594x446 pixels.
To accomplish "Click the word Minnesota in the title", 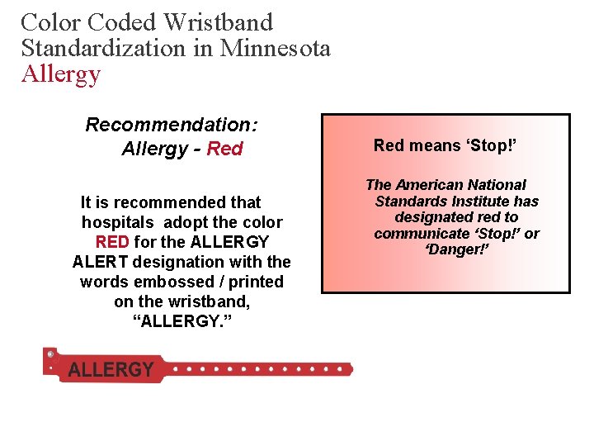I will pyautogui.click(x=275, y=48).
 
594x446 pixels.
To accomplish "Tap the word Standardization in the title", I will pyautogui.click(x=104, y=48).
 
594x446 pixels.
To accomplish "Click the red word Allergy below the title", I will pyautogui.click(x=60, y=74).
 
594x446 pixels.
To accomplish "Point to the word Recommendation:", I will pyautogui.click(x=172, y=125).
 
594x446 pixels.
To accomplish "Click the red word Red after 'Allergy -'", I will pyautogui.click(x=224, y=149).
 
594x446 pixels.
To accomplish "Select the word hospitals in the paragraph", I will pyautogui.click(x=118, y=222).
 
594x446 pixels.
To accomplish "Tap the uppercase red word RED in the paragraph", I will pyautogui.click(x=112, y=242).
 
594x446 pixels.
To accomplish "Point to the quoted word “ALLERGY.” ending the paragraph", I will pyautogui.click(x=181, y=321).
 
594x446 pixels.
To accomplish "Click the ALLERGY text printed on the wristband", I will pyautogui.click(x=111, y=369).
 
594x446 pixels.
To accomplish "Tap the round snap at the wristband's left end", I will pyautogui.click(x=50, y=354).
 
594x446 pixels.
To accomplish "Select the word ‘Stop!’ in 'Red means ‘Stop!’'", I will pyautogui.click(x=491, y=145).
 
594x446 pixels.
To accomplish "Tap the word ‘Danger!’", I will pyautogui.click(x=458, y=249).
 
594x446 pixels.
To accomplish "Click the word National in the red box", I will pyautogui.click(x=498, y=185).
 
